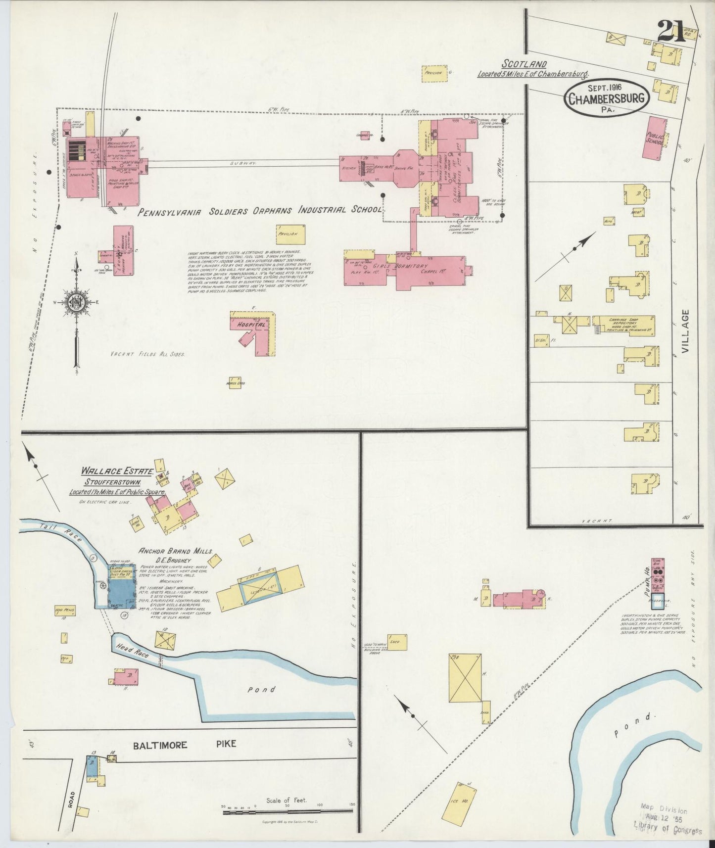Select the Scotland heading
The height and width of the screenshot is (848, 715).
(524, 64)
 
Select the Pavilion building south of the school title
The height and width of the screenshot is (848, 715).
(290, 235)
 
